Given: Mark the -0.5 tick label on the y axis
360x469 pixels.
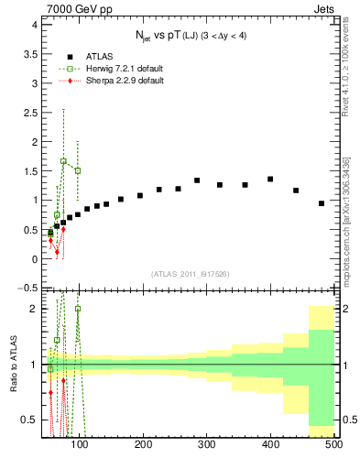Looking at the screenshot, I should pos(29,288).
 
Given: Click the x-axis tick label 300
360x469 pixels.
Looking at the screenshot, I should pos(207,445).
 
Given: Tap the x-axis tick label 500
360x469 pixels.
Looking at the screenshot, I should pos(333,445).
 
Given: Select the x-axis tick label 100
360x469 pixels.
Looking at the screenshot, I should pos(80,445).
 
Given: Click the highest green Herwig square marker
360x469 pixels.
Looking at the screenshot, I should pos(64,161).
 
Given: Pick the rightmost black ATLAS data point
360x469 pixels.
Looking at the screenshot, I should pos(322,203).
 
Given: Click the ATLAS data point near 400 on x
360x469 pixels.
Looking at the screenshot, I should pos(270,180).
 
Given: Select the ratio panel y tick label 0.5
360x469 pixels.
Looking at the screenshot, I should pos(29,420).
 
